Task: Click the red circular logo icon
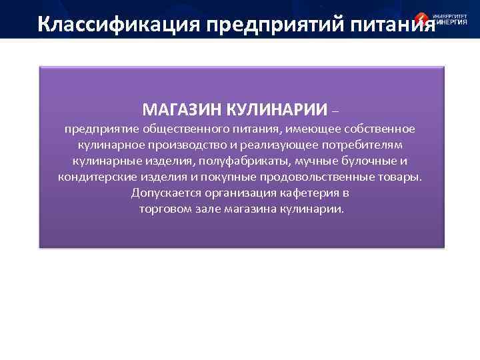click(x=422, y=21)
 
